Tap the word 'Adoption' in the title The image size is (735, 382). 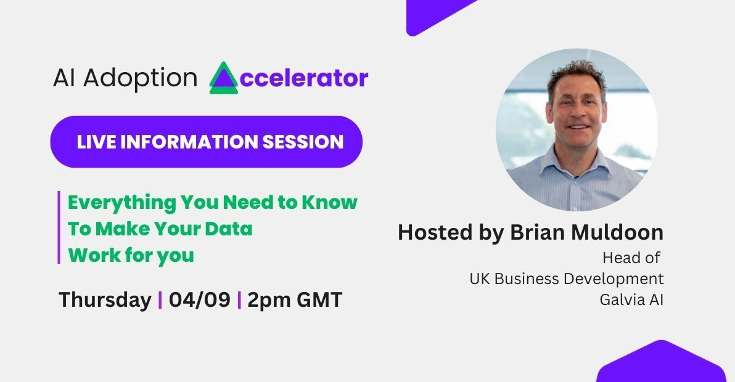140,78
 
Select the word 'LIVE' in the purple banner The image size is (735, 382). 96,142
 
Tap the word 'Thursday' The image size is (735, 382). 105,300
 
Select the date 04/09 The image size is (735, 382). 200,299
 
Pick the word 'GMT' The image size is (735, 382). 319,299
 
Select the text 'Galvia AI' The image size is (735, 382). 631,299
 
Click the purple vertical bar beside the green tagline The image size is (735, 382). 59,227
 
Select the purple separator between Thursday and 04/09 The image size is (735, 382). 160,300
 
